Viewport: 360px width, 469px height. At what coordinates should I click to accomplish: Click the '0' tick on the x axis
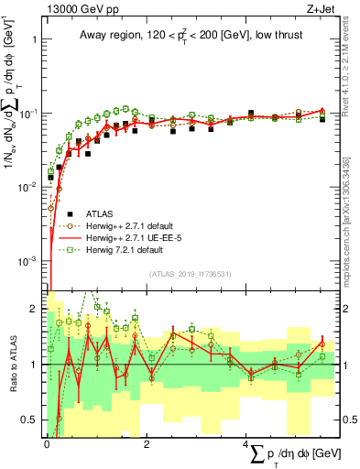tap(46, 443)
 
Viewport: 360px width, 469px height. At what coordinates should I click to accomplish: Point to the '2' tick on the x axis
tap(147, 443)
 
